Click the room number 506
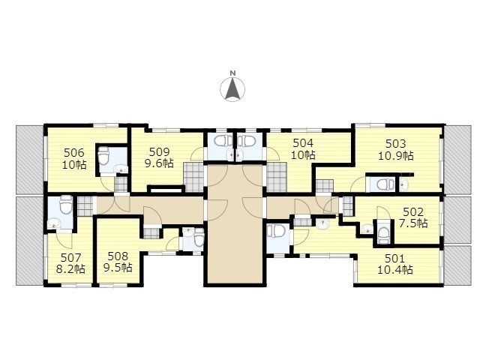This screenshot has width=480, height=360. coord(73,152)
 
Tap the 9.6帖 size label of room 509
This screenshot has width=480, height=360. coord(159,163)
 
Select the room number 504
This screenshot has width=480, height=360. coord(303,143)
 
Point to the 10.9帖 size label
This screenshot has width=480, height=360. coord(396,156)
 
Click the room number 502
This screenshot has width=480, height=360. coord(413,211)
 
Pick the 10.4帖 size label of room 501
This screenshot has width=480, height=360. coord(395,270)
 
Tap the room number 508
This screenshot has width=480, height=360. coord(118,256)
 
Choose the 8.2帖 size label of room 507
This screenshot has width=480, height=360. coord(70,269)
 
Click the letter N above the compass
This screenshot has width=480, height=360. coord(232,73)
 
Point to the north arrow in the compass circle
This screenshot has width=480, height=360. coord(232,88)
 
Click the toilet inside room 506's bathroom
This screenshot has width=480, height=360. coord(104,155)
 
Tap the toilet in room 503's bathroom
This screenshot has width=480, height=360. coord(384,184)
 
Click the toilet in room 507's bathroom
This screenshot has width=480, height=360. coord(66,205)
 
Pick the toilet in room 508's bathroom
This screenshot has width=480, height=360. coord(199,238)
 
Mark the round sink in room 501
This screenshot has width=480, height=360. coord(322,226)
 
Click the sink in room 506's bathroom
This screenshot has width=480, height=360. coord(120,169)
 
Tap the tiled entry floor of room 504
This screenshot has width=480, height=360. coord(276,178)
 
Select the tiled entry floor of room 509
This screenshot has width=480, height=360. coord(193,178)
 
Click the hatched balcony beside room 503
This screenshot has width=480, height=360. coord(458,160)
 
